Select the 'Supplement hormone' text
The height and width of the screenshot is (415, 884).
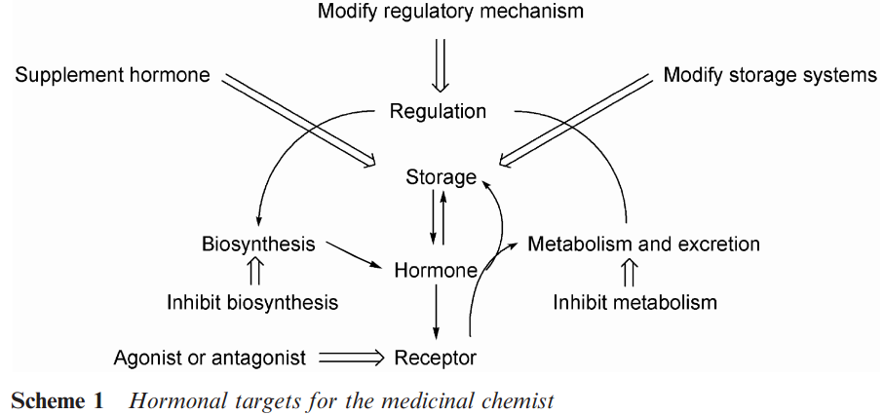click(112, 75)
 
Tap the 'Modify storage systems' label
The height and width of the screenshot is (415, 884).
click(770, 75)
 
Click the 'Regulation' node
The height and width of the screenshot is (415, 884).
click(438, 111)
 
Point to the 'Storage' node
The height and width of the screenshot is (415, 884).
click(442, 177)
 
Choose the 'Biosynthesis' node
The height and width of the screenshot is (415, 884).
click(258, 244)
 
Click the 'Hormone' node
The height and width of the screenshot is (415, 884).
click(436, 270)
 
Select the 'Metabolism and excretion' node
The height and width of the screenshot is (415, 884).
click(643, 244)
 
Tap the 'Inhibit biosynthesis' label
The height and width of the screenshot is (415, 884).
click(252, 302)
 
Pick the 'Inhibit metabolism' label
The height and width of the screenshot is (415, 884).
click(634, 302)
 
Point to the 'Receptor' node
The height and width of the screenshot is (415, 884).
click(436, 358)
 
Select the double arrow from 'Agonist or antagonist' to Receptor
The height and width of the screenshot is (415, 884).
click(351, 358)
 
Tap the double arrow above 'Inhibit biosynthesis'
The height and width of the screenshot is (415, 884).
click(257, 272)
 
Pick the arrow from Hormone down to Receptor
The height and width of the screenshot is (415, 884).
click(436, 313)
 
